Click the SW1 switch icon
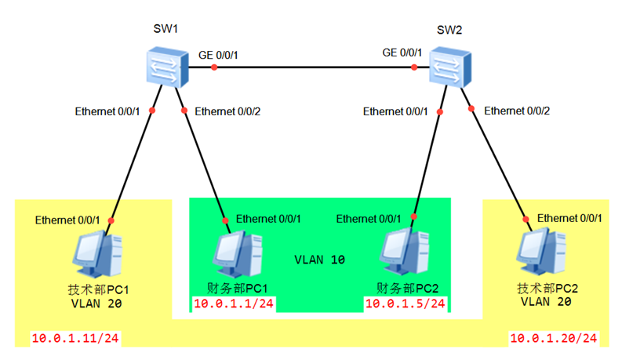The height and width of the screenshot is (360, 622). coord(167,67)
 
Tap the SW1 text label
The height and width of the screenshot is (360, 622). coord(166,29)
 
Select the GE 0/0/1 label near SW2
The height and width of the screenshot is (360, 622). coord(402,53)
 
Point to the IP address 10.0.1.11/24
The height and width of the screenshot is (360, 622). coord(75,339)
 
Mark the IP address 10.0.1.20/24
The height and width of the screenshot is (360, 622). coord(554,339)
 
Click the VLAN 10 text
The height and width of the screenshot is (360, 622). coord(321,259)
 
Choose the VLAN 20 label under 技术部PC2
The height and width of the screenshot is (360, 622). coord(547,301)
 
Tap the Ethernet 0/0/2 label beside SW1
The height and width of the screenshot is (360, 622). coord(227,111)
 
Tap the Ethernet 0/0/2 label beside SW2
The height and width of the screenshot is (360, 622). coord(517,111)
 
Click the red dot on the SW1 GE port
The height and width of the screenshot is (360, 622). coord(214,67)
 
